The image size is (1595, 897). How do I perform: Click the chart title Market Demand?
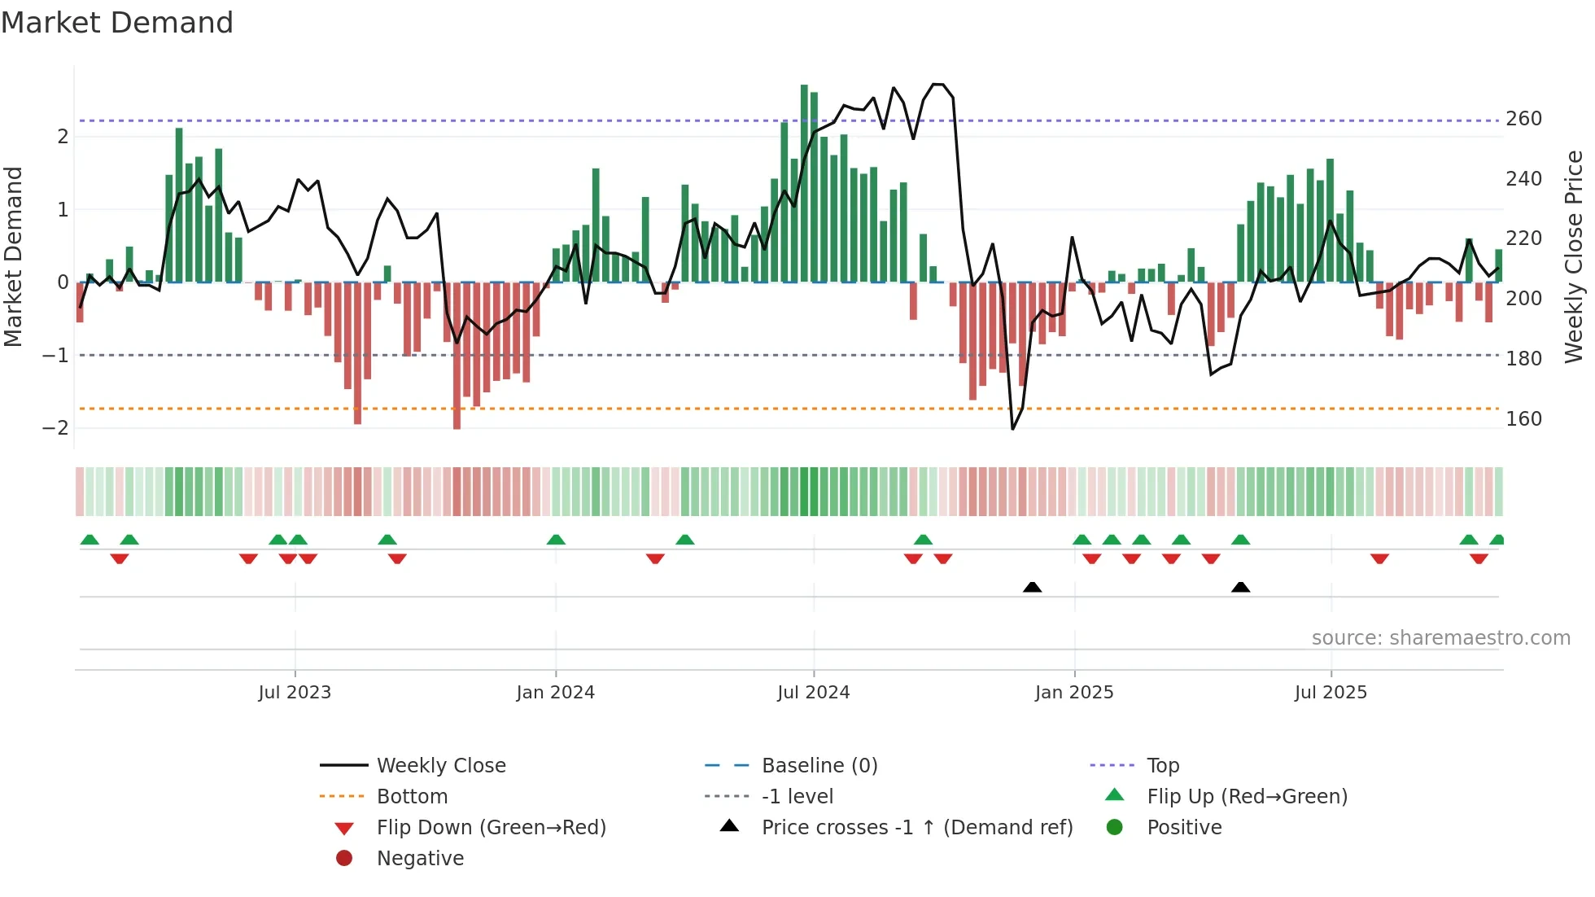[117, 23]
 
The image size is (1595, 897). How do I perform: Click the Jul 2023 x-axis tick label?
[295, 693]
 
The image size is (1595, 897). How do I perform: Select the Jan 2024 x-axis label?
[556, 693]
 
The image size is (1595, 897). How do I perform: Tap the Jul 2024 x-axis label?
[813, 693]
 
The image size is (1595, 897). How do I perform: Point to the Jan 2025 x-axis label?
[1074, 693]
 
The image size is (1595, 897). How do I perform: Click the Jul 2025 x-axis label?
[1331, 693]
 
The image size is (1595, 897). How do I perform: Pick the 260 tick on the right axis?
[1523, 119]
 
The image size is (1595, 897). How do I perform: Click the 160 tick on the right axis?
[1523, 419]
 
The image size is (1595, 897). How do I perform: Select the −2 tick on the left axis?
[55, 428]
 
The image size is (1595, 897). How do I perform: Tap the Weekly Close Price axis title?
[1574, 256]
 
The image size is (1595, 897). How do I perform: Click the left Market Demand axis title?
[14, 256]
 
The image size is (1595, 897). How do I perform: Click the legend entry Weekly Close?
[440, 766]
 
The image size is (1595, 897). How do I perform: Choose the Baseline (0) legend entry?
[819, 766]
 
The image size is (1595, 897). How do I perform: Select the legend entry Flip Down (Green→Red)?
[491, 828]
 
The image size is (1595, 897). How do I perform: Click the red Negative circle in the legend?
[344, 859]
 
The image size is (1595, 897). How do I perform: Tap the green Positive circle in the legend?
[1115, 828]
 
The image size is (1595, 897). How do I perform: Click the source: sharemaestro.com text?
[1440, 638]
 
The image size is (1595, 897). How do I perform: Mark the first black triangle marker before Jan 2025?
[1032, 587]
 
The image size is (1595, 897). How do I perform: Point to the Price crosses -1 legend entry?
[916, 828]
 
